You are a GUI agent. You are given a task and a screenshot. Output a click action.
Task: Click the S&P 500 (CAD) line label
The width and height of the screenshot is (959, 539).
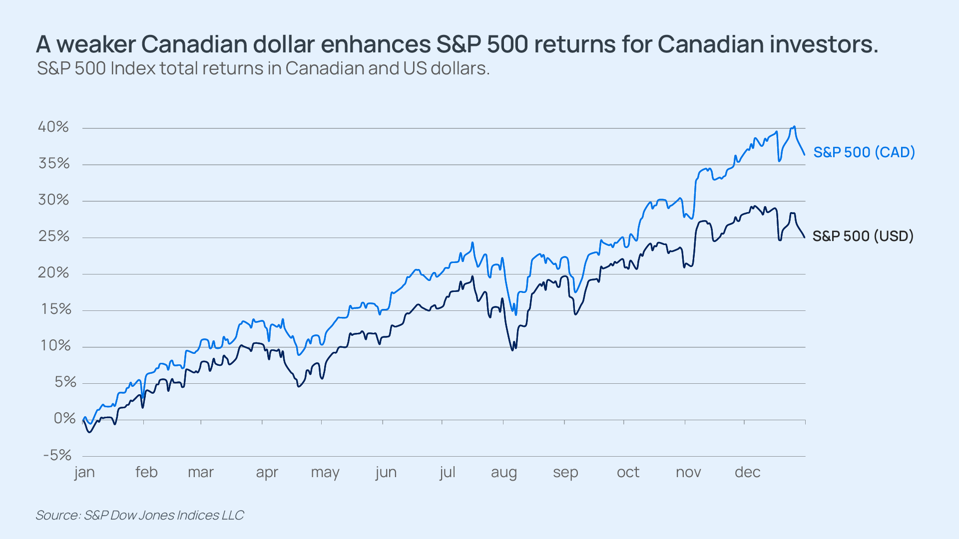(x=864, y=152)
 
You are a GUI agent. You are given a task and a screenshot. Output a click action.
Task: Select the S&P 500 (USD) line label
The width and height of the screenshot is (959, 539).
(x=863, y=236)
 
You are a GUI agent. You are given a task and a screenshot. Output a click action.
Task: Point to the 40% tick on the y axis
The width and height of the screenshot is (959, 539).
(x=53, y=127)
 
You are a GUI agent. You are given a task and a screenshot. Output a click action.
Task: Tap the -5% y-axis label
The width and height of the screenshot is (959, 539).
(x=57, y=455)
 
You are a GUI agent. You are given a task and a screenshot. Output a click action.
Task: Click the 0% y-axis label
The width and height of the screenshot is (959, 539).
(x=64, y=418)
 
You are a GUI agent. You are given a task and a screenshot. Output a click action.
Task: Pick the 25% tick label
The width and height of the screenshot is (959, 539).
(x=54, y=236)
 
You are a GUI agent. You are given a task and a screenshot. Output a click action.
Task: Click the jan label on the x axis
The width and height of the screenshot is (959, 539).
(x=84, y=472)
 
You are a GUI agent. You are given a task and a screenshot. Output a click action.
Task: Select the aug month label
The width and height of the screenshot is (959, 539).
(x=503, y=472)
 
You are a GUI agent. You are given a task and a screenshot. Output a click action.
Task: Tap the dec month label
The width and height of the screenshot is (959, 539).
(x=747, y=472)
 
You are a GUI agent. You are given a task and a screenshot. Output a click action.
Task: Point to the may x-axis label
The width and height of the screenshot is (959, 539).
(x=325, y=472)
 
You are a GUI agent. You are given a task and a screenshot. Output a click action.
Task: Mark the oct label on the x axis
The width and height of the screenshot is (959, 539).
(x=628, y=472)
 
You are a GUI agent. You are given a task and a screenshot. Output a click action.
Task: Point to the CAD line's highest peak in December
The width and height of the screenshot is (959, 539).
(x=794, y=127)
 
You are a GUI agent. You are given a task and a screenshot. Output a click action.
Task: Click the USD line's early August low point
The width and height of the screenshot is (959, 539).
(x=512, y=350)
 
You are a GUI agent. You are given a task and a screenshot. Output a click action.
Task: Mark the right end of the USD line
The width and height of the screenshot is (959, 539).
(x=804, y=237)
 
